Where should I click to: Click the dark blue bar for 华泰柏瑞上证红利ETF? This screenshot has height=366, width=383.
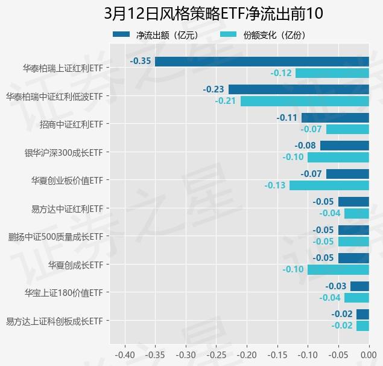coord(262,61)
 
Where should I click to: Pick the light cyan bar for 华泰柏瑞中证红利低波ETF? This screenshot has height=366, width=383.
coord(305,101)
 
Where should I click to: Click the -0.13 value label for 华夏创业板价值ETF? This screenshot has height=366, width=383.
coord(275,185)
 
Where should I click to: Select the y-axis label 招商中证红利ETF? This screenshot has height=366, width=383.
coord(72,124)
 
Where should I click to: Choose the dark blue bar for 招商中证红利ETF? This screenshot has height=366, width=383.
coord(335,118)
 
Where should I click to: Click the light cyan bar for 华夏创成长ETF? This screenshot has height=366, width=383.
coord(338,269)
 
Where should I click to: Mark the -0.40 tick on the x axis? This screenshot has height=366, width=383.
coord(125,354)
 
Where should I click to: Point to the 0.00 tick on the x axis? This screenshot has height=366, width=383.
coord(369,354)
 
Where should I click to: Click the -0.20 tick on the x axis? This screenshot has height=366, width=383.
coord(247,354)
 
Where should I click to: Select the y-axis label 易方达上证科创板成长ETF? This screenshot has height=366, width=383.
coord(54,321)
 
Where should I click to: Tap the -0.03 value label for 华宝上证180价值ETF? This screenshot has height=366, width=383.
coord(336,286)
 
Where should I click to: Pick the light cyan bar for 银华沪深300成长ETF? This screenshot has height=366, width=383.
coord(338,157)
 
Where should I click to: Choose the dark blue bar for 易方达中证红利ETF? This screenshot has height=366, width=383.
coord(353,202)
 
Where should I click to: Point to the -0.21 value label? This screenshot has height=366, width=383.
coord(226,101)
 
